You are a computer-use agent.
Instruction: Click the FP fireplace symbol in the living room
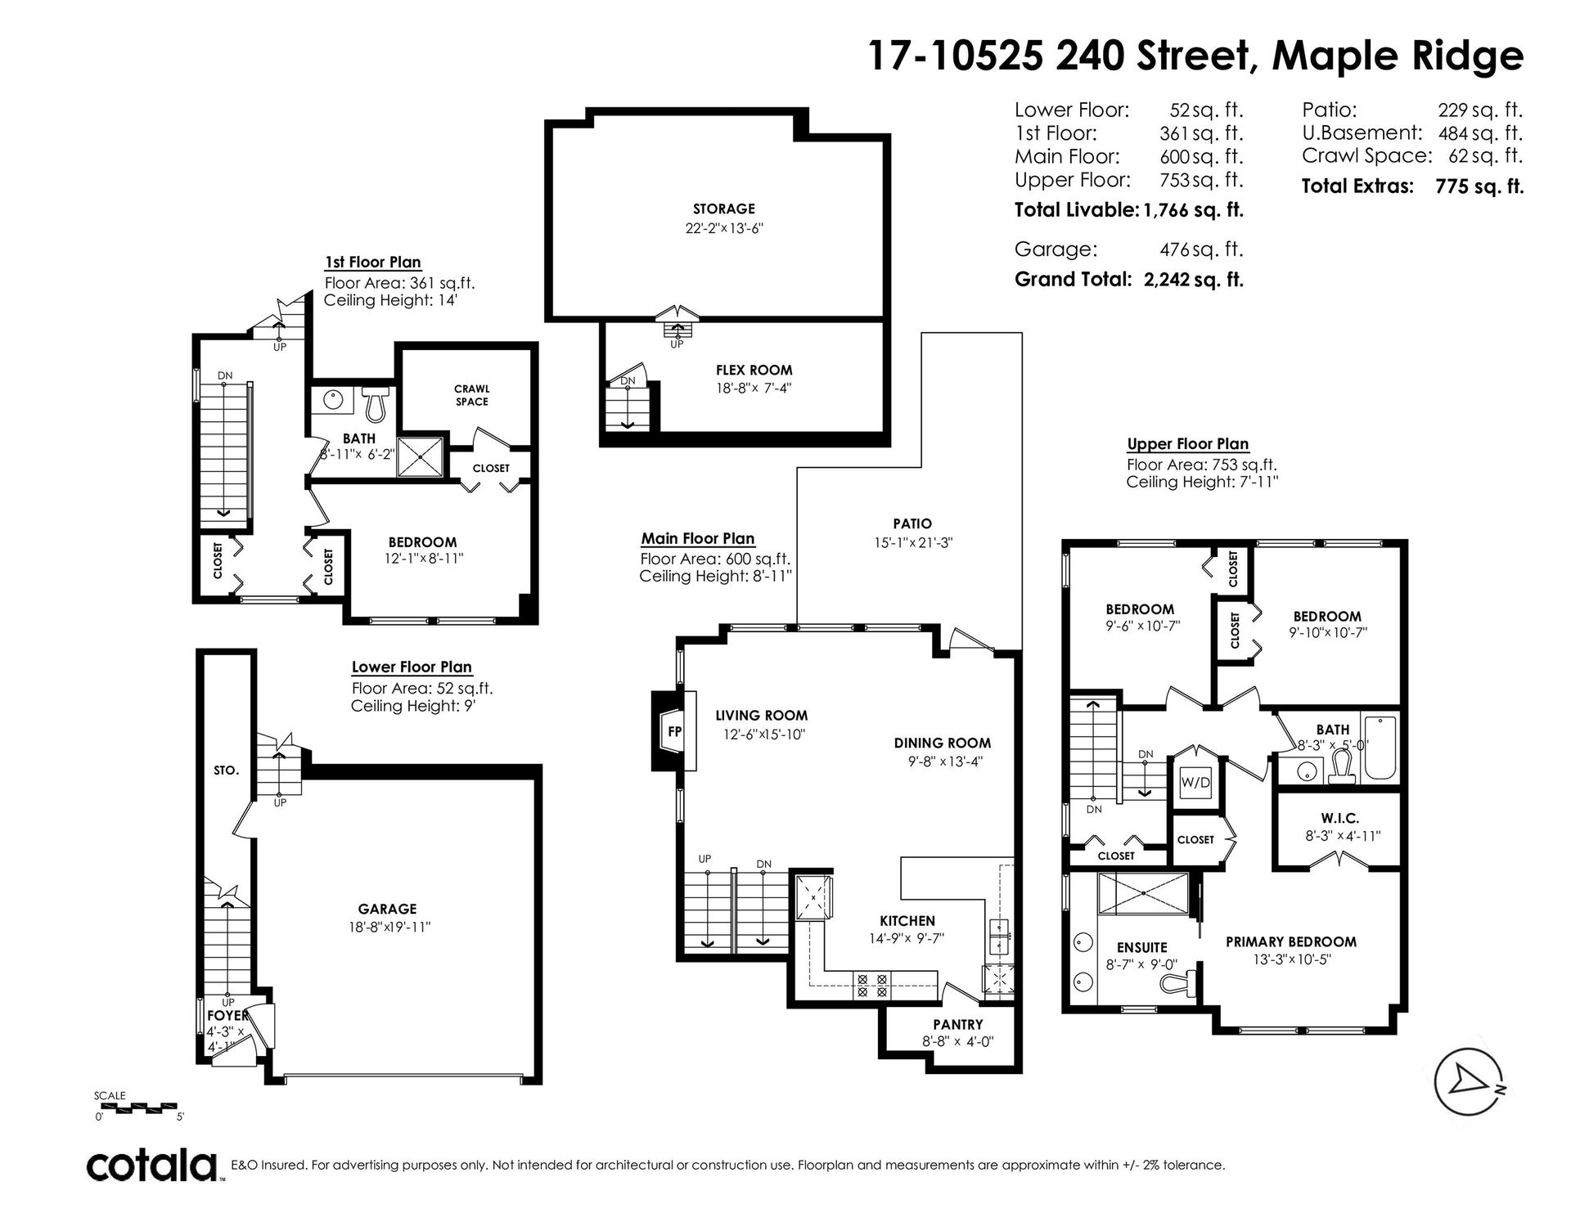click(x=674, y=731)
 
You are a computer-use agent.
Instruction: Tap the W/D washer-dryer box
click(x=1195, y=783)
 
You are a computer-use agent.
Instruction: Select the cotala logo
click(x=152, y=1164)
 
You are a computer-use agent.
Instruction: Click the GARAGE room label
click(x=387, y=909)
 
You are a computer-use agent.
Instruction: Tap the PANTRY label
click(x=958, y=1024)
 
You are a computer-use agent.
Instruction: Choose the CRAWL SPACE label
click(x=472, y=395)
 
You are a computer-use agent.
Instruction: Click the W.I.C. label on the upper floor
click(x=1339, y=819)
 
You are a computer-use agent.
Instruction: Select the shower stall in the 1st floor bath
click(x=421, y=456)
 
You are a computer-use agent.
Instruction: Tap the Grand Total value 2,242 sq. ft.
click(x=1193, y=280)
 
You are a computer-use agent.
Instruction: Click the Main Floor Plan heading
click(x=698, y=538)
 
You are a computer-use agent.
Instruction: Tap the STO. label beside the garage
click(x=226, y=770)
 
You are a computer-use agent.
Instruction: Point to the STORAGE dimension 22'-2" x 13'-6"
click(x=724, y=229)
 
